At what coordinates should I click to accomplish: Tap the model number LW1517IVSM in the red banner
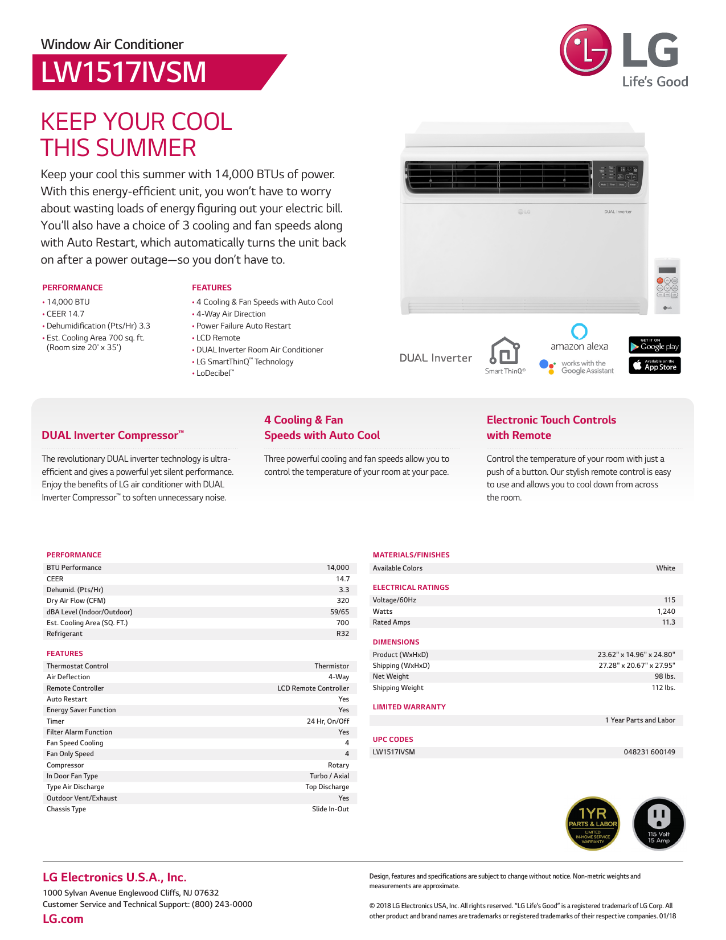124,72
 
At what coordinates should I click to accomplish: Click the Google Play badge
654,345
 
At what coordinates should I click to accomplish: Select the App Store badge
654,365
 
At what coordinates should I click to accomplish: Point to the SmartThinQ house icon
504,351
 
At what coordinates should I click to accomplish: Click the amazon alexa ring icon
579,331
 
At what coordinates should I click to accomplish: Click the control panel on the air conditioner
618,176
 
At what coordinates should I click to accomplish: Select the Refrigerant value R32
342,634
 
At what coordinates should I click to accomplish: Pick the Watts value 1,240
666,611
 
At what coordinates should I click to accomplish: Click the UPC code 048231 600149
649,752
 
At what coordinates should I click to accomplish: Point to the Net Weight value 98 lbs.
665,676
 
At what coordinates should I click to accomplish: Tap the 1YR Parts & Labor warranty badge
593,823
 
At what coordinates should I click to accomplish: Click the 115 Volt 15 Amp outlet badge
659,823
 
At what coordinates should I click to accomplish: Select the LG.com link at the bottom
63,919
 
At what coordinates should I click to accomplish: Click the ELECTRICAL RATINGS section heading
411,588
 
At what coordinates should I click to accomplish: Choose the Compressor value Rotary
338,765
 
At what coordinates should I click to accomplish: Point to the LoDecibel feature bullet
215,373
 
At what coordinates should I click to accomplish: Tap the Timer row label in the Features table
56,721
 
